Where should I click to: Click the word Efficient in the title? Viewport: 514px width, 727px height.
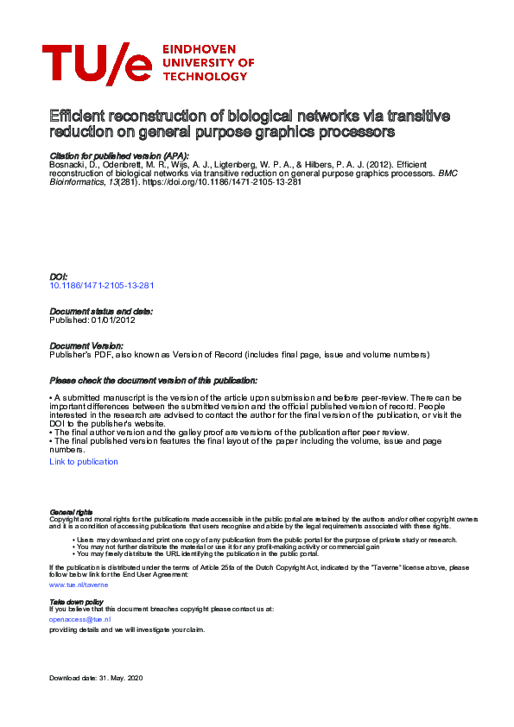coord(75,116)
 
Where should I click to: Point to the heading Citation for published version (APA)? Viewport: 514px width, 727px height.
coord(119,155)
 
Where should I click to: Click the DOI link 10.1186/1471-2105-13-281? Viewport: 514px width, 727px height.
coord(102,285)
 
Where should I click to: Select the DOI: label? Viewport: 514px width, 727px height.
coord(59,276)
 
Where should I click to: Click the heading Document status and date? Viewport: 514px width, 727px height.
coord(101,311)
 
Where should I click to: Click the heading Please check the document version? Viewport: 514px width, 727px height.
coord(153,380)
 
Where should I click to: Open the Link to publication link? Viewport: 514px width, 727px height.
coord(84,462)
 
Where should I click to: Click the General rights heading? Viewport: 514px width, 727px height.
coord(71,512)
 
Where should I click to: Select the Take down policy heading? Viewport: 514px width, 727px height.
coord(76,601)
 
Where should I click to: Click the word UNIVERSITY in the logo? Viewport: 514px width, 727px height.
coord(208,63)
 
